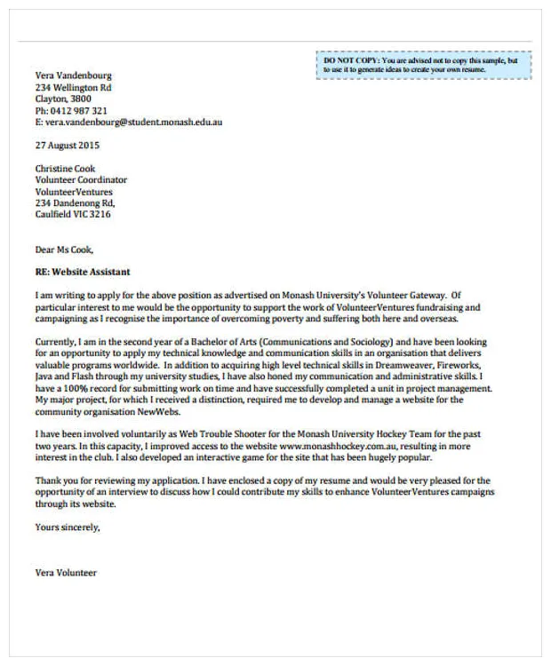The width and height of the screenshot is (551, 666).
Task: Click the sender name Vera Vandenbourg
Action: pyautogui.click(x=73, y=76)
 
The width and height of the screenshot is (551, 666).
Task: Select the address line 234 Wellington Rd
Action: pyautogui.click(x=73, y=88)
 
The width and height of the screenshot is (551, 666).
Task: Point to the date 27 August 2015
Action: pyautogui.click(x=68, y=146)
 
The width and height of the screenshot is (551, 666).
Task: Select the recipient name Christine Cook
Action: pyautogui.click(x=65, y=169)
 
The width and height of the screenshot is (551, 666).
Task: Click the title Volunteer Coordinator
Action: pyautogui.click(x=81, y=180)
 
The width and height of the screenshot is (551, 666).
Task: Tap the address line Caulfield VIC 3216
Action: pyautogui.click(x=73, y=215)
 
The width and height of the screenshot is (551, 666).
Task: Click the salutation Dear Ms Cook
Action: pyautogui.click(x=63, y=249)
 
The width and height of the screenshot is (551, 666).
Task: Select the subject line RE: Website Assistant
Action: pyautogui.click(x=83, y=272)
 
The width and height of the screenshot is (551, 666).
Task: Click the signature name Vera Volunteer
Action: pyautogui.click(x=66, y=573)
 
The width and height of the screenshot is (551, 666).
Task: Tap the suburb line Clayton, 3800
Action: pyautogui.click(x=63, y=99)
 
